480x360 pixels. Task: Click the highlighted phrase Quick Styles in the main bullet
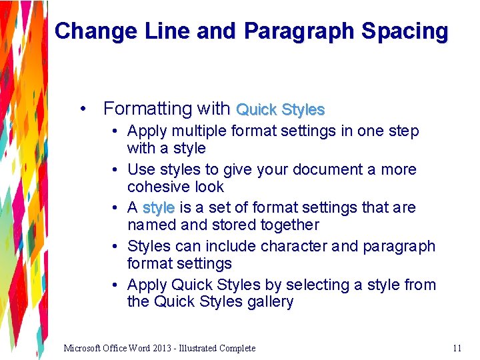[281, 109]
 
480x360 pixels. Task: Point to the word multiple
[192, 131]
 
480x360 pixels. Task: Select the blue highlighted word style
[159, 208]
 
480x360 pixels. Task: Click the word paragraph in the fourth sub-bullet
[399, 247]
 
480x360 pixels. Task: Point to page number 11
[457, 348]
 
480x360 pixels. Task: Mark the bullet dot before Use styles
[115, 170]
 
